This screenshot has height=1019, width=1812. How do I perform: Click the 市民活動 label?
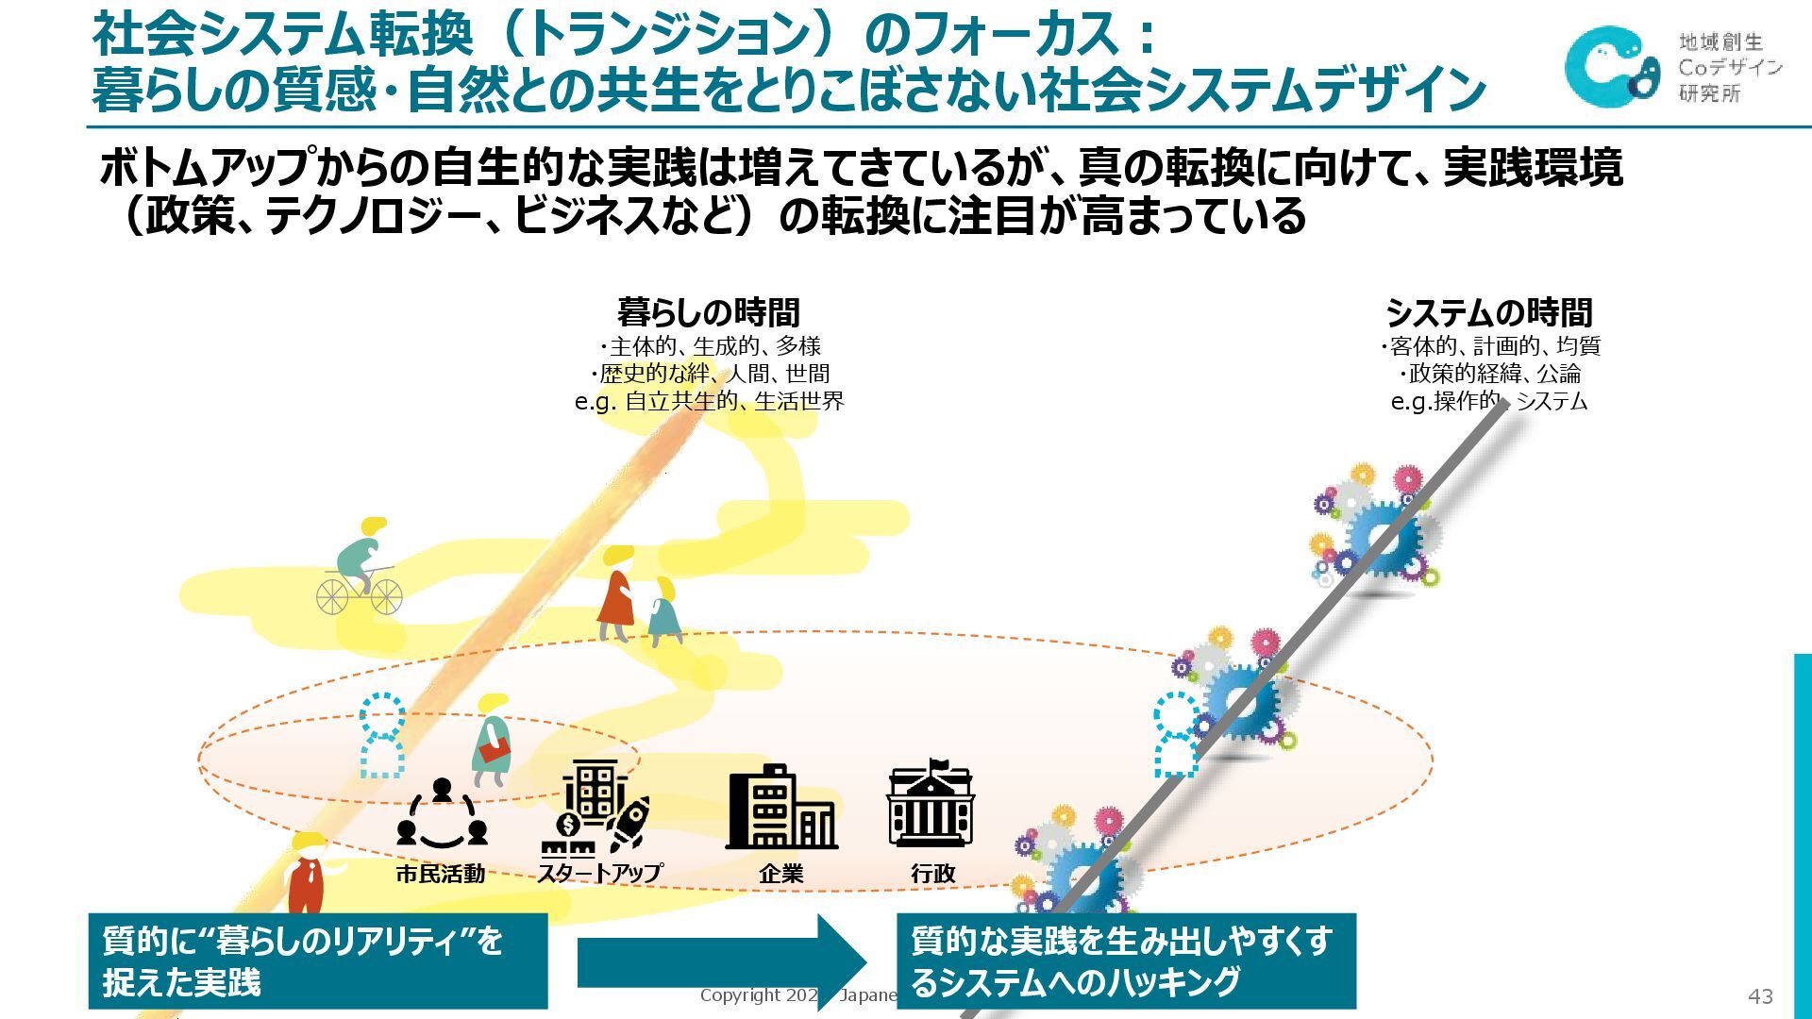(x=440, y=874)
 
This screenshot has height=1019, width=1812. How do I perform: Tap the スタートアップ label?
(x=600, y=874)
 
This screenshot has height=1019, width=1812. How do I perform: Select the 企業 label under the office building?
(x=780, y=874)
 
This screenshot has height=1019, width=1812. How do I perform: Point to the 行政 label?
(x=932, y=874)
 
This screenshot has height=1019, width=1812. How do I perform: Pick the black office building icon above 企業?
(x=780, y=808)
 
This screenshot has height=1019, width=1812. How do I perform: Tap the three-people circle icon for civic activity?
(x=442, y=812)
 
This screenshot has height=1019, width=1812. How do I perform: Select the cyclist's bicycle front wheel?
(x=386, y=596)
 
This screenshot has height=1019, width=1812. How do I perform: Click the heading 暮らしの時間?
(x=708, y=312)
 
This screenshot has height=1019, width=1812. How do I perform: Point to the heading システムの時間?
(x=1488, y=312)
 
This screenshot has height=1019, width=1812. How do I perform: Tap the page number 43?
(x=1760, y=996)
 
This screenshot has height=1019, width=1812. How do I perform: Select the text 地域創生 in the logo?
(x=1720, y=42)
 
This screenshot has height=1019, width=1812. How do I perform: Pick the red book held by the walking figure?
(x=494, y=750)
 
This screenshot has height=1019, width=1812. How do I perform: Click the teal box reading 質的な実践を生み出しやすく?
(x=1125, y=961)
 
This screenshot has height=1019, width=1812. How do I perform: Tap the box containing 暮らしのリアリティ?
(x=318, y=961)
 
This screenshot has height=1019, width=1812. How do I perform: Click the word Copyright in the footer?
(x=740, y=995)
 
